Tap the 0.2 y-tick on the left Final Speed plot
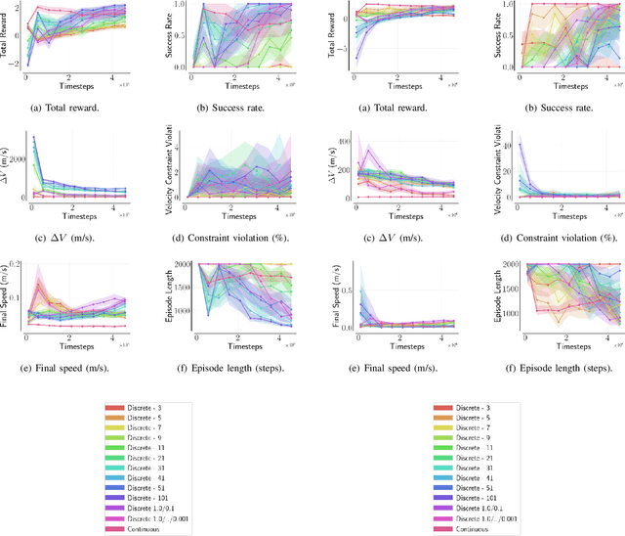click(21, 264)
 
